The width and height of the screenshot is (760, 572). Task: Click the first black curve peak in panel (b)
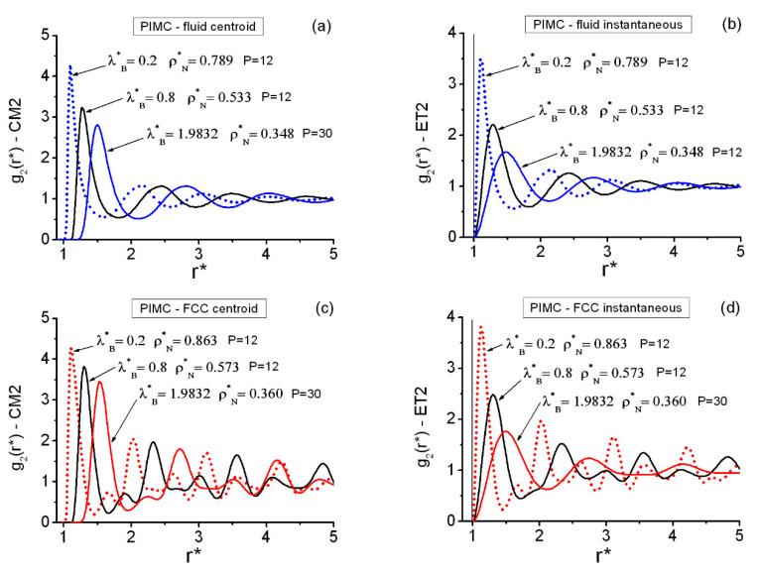pyautogui.click(x=494, y=125)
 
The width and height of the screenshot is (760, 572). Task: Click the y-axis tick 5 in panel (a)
pyautogui.click(x=45, y=35)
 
